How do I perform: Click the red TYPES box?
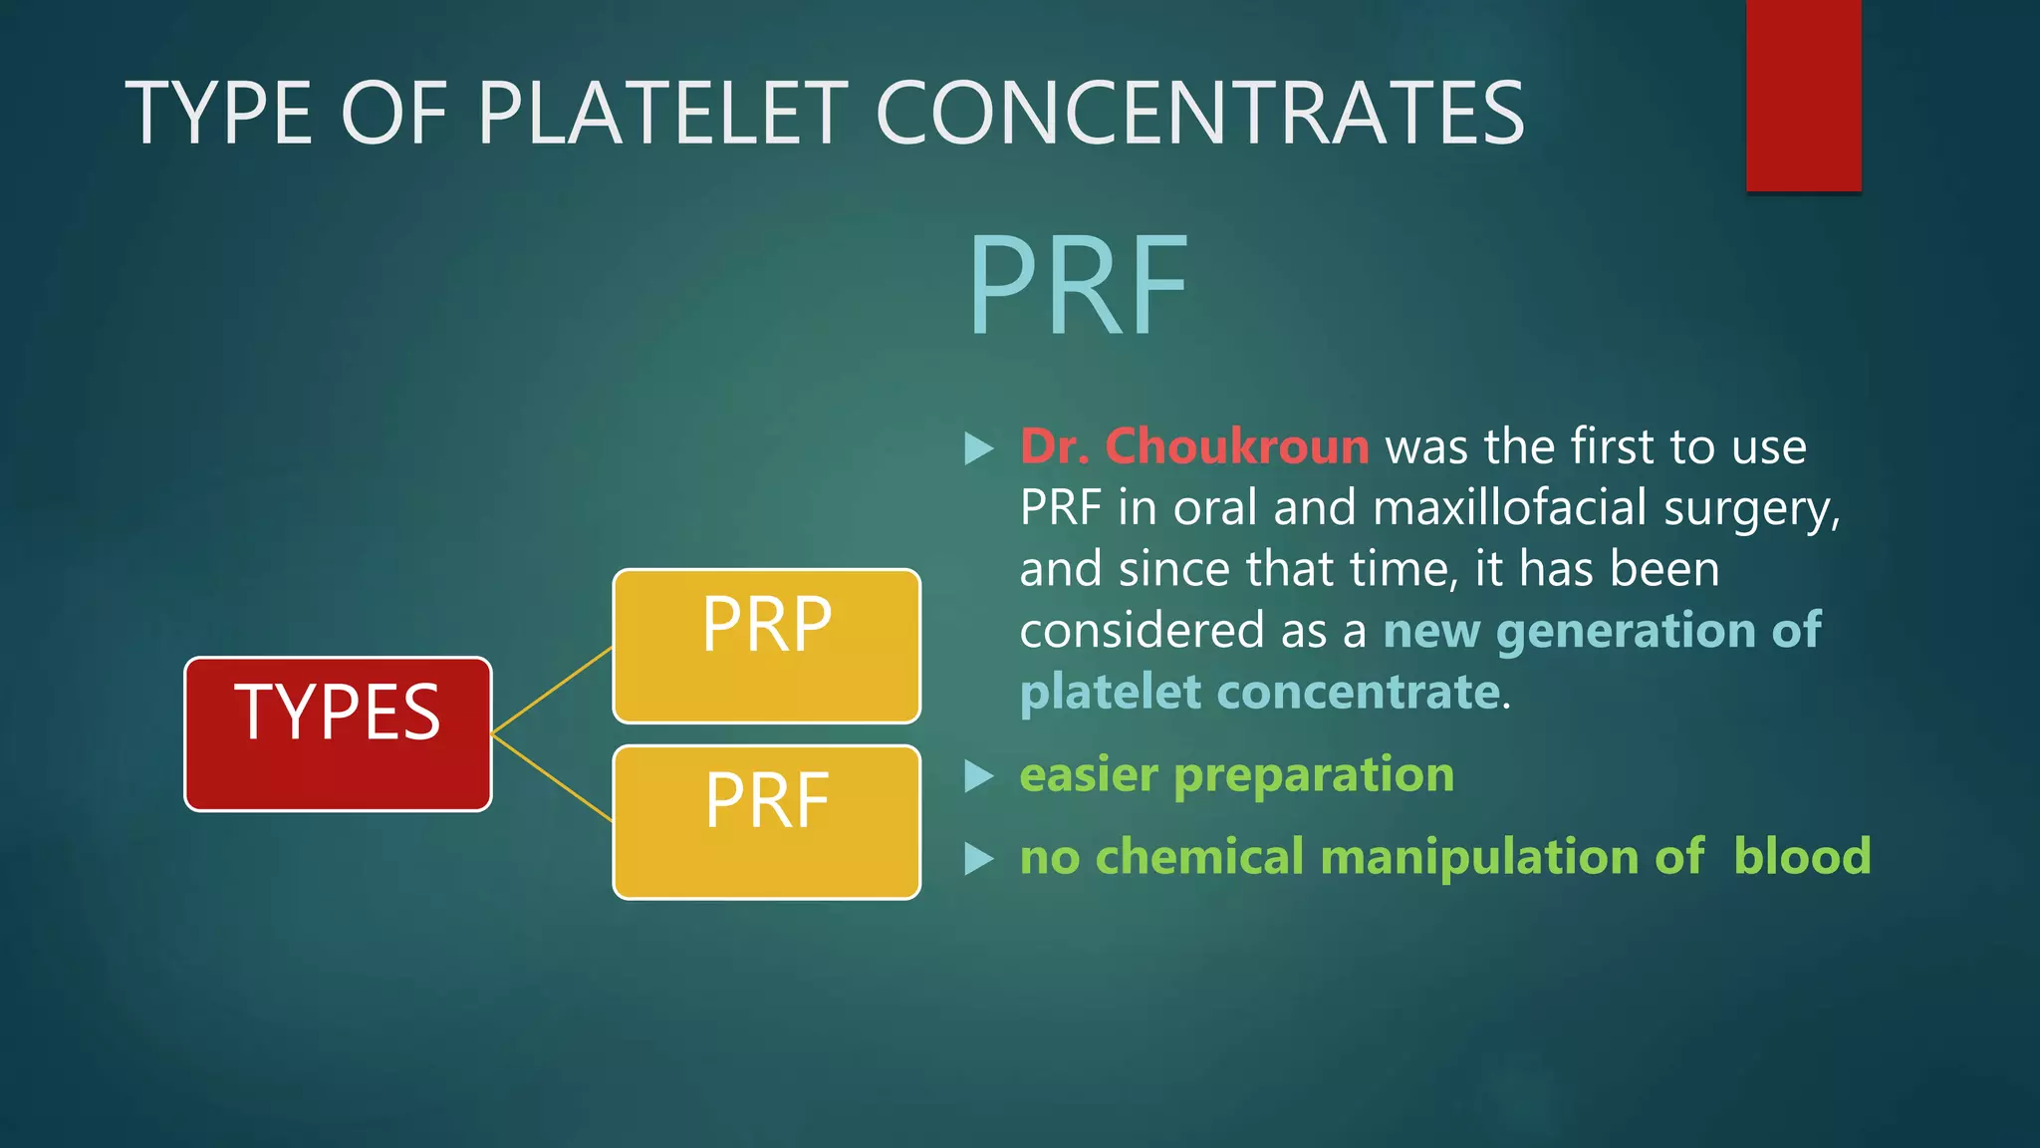pyautogui.click(x=338, y=733)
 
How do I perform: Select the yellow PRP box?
pyautogui.click(x=766, y=646)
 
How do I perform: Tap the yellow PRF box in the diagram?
pyautogui.click(x=766, y=822)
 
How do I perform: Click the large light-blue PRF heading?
pyautogui.click(x=1078, y=286)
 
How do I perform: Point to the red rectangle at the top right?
pyautogui.click(x=1803, y=95)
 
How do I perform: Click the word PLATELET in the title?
pyautogui.click(x=663, y=114)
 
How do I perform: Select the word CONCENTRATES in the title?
pyautogui.click(x=1199, y=114)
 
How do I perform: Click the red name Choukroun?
pyautogui.click(x=1237, y=446)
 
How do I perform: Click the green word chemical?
pyautogui.click(x=1199, y=856)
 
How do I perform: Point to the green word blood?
pyautogui.click(x=1802, y=856)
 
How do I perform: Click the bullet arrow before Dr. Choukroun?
pyautogui.click(x=979, y=448)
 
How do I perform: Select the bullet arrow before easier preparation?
pyautogui.click(x=979, y=776)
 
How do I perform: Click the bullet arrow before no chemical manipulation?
pyautogui.click(x=979, y=858)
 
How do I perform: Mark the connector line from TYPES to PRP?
pyautogui.click(x=552, y=691)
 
